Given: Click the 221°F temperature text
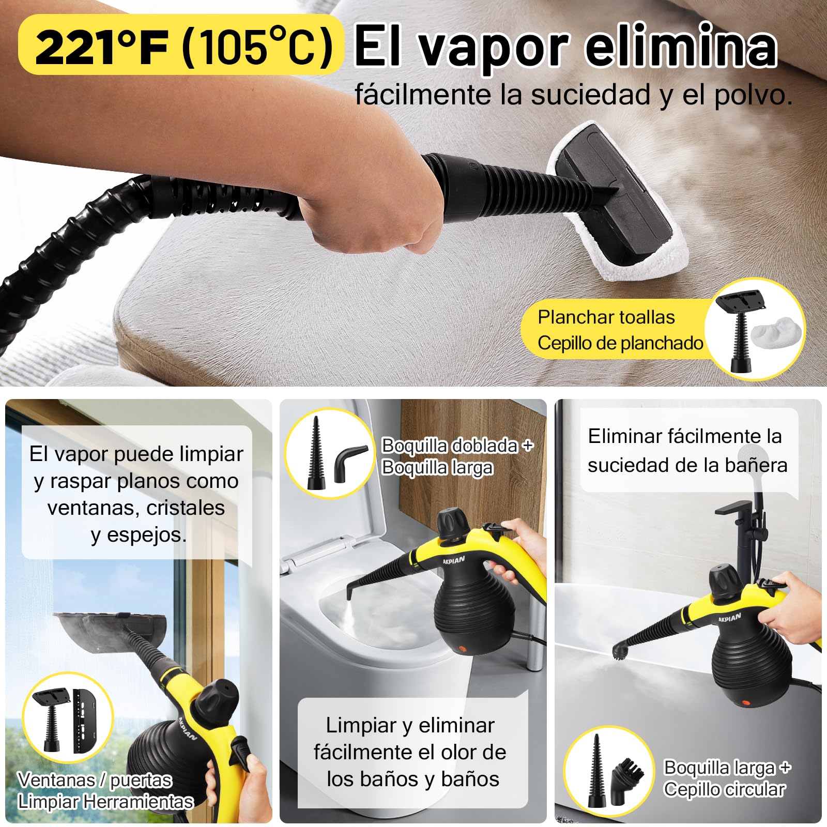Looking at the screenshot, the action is click(102, 47).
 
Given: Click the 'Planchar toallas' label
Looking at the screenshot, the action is click(606, 317).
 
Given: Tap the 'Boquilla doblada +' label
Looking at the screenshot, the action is click(457, 446).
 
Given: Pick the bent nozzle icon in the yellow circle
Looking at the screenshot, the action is click(350, 463).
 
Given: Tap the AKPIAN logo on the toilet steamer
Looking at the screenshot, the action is click(453, 560).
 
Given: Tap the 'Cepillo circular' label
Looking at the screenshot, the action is click(724, 789).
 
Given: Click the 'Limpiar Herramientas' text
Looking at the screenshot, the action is click(105, 802).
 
